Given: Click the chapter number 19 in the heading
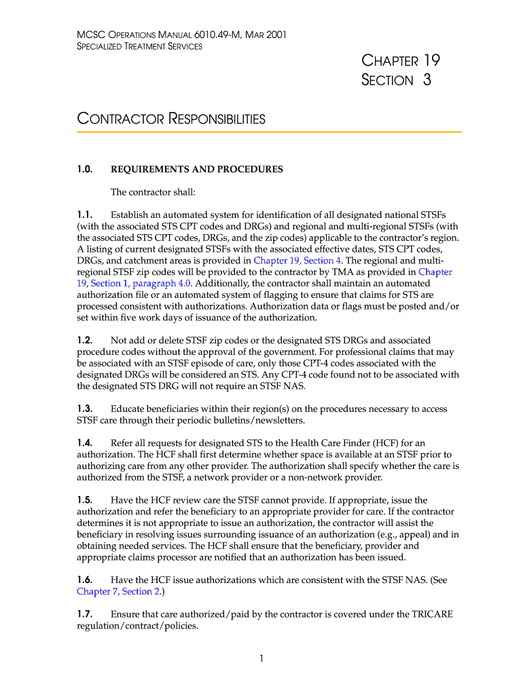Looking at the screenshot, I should [431, 60].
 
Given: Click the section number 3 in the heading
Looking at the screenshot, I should [427, 80].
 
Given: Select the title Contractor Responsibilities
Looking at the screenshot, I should [171, 119].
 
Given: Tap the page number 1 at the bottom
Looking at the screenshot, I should [261, 658].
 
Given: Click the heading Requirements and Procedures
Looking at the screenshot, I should [196, 169].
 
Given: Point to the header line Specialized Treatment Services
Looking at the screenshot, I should [139, 46].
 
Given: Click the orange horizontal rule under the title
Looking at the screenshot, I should [269, 132].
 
